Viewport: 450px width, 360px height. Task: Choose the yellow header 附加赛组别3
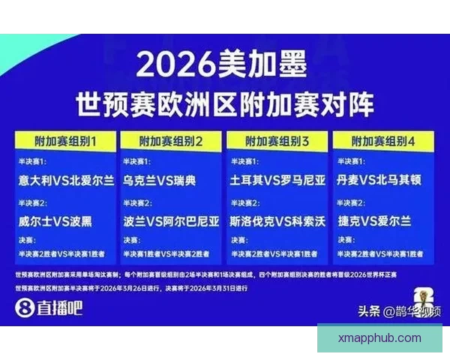(x=277, y=140)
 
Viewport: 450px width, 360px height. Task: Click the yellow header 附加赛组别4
(x=382, y=140)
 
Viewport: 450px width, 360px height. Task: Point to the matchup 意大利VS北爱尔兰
(x=67, y=181)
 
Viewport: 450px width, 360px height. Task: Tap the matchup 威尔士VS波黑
(x=56, y=221)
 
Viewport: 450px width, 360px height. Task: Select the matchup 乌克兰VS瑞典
(x=159, y=181)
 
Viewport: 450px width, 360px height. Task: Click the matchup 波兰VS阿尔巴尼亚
(x=172, y=221)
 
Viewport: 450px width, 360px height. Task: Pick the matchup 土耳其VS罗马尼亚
(x=278, y=181)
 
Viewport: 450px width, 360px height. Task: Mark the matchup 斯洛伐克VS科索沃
(x=278, y=221)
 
